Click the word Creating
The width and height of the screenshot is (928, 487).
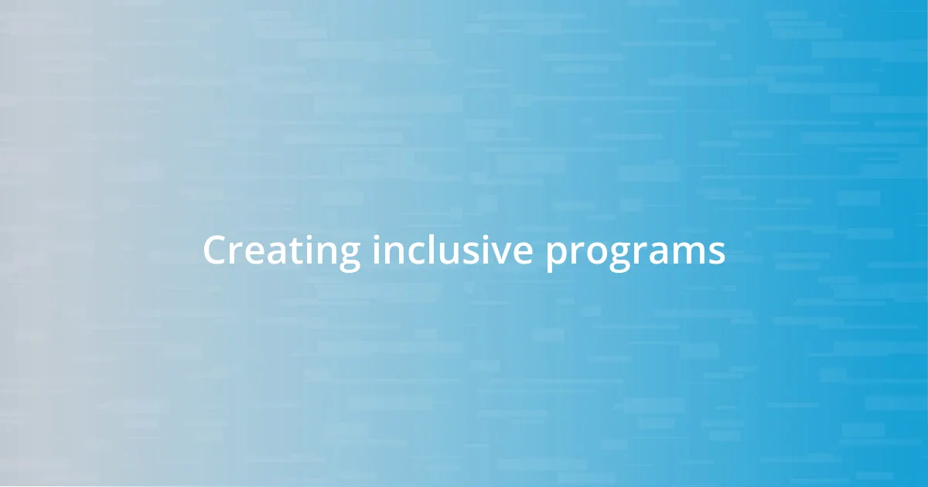(281, 252)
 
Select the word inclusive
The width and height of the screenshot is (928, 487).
(452, 250)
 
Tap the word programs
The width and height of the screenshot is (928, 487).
(635, 254)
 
